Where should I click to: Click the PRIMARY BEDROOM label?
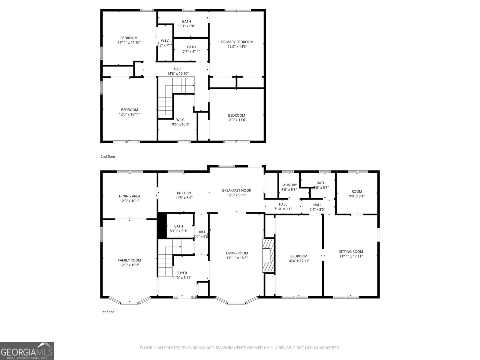pyautogui.click(x=237, y=42)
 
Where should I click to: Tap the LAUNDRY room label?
pyautogui.click(x=289, y=185)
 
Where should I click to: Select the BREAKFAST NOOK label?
pyautogui.click(x=236, y=190)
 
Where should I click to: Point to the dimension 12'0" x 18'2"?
pyautogui.click(x=129, y=265)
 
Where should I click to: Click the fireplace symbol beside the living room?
pyautogui.click(x=268, y=255)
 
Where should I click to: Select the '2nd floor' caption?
pyautogui.click(x=108, y=157)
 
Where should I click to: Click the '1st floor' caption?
pyautogui.click(x=107, y=312)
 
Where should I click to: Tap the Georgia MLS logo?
pyautogui.click(x=27, y=351)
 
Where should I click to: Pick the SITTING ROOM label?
pyautogui.click(x=351, y=252)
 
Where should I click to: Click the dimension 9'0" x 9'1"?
pyautogui.click(x=357, y=196)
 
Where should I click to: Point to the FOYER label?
pyautogui.click(x=181, y=273)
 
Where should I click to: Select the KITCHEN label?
pyautogui.click(x=184, y=193)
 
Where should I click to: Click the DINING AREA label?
pyautogui.click(x=129, y=196)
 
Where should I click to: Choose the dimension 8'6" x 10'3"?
pyautogui.click(x=180, y=124)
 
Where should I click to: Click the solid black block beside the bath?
pyautogui.click(x=162, y=226)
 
